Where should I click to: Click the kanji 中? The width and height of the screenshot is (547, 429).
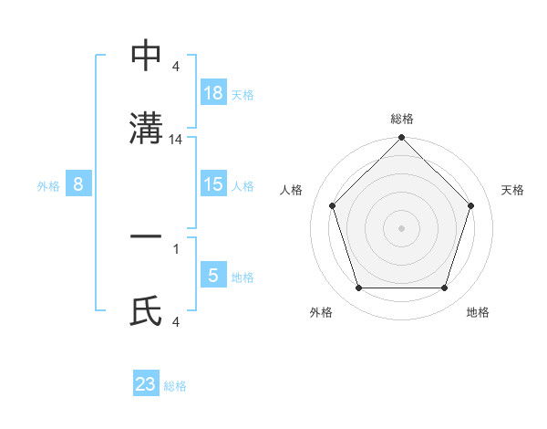[x=147, y=56]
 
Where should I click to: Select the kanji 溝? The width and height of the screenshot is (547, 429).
[x=147, y=127]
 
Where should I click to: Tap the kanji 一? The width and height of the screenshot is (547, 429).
[x=147, y=237]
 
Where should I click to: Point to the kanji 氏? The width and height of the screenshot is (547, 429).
[x=147, y=311]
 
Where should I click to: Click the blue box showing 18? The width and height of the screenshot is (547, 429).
[x=213, y=93]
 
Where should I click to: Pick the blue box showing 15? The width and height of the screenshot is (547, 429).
[x=213, y=184]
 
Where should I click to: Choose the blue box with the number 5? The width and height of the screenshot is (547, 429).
[x=213, y=276]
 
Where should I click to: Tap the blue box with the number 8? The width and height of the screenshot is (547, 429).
[x=78, y=184]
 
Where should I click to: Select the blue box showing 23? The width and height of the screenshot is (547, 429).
[x=146, y=384]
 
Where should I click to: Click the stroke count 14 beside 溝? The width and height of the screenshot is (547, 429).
[x=177, y=140]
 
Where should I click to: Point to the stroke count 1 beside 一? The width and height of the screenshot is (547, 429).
[x=175, y=247]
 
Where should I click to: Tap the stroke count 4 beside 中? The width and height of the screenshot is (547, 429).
[x=175, y=67]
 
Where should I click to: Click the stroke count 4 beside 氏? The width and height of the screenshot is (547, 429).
[x=175, y=321]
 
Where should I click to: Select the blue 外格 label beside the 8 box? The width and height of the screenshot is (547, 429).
[x=48, y=185]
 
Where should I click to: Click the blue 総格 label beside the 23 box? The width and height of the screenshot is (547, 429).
[x=175, y=386]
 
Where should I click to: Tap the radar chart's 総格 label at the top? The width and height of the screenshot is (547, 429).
[x=401, y=120]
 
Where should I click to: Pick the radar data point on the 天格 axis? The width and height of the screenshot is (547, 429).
[x=471, y=205]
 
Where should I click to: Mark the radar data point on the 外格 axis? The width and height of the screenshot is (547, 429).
[x=358, y=288]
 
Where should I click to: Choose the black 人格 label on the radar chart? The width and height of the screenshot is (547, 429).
[x=292, y=190]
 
